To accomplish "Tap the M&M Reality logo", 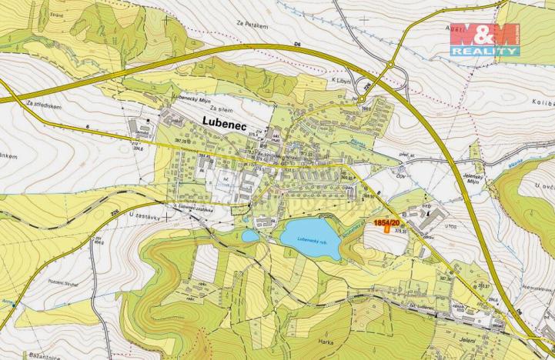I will point(484,39).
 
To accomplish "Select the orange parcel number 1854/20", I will point(387,222).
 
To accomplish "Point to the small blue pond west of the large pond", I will point(250,235).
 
